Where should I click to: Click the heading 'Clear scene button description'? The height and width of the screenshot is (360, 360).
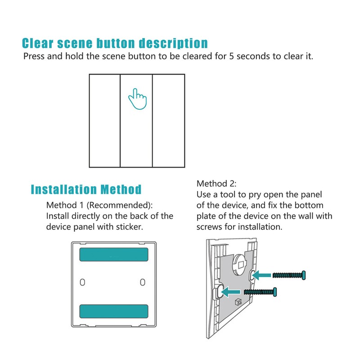tap(115, 44)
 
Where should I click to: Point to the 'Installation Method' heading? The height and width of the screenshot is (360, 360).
tap(86, 189)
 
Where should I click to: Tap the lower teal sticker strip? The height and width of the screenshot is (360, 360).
tap(113, 311)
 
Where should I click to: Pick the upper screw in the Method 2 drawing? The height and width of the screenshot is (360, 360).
tap(289, 274)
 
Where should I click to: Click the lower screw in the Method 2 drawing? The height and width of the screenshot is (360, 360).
tap(261, 292)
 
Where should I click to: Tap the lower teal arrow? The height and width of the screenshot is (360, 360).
tap(234, 292)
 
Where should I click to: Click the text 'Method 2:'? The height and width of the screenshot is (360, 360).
tap(216, 184)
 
